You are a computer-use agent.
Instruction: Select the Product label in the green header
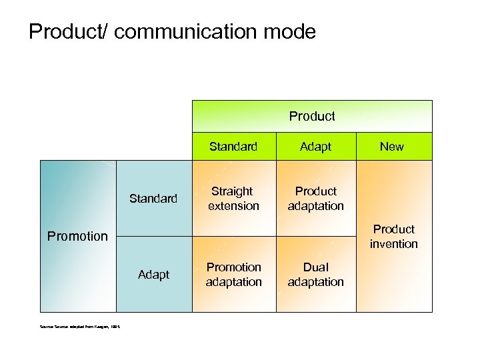312,117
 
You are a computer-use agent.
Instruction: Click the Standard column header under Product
233,147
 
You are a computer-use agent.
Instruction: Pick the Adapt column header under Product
315,147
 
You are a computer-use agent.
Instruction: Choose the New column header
391,147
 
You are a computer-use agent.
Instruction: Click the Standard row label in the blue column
153,199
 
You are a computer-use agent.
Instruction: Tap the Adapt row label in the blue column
153,275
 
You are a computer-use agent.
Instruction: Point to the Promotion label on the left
78,236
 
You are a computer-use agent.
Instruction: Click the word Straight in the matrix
233,191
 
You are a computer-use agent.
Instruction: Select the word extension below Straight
233,206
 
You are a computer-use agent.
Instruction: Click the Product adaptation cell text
316,199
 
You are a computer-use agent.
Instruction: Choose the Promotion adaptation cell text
233,275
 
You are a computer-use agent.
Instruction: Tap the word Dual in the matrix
316,267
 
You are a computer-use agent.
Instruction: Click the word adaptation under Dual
316,282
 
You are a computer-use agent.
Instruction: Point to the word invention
394,244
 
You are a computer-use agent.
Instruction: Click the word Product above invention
394,229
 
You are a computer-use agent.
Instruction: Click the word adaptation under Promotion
233,282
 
